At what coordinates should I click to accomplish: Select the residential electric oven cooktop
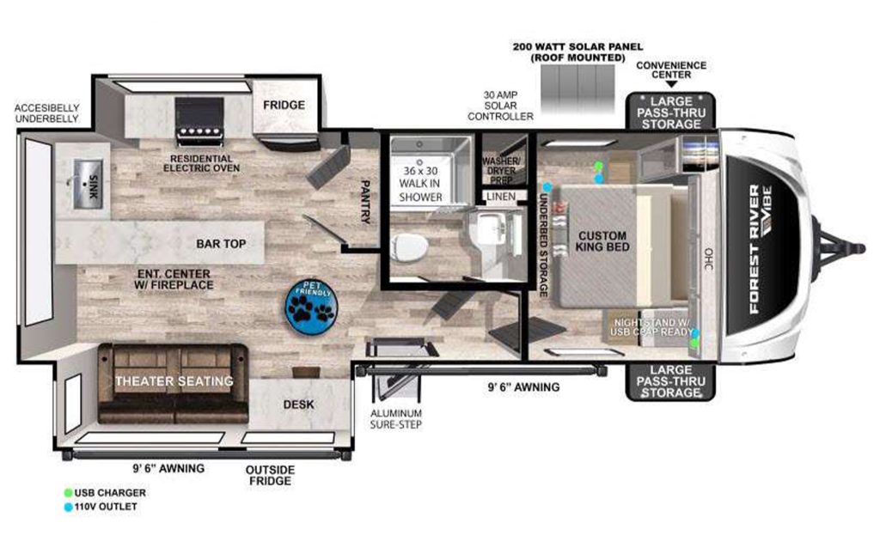tap(199, 122)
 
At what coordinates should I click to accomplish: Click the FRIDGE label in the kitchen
tap(284, 105)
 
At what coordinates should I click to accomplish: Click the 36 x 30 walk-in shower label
tap(421, 183)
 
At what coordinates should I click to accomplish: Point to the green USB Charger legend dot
tap(68, 493)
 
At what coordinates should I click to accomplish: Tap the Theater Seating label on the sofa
tap(174, 380)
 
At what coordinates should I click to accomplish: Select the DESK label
tap(298, 404)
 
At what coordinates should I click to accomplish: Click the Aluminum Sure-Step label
tap(396, 418)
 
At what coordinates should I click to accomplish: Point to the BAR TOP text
tap(221, 244)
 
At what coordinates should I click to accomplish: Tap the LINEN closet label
tap(500, 198)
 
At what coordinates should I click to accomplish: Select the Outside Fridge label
tap(269, 475)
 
